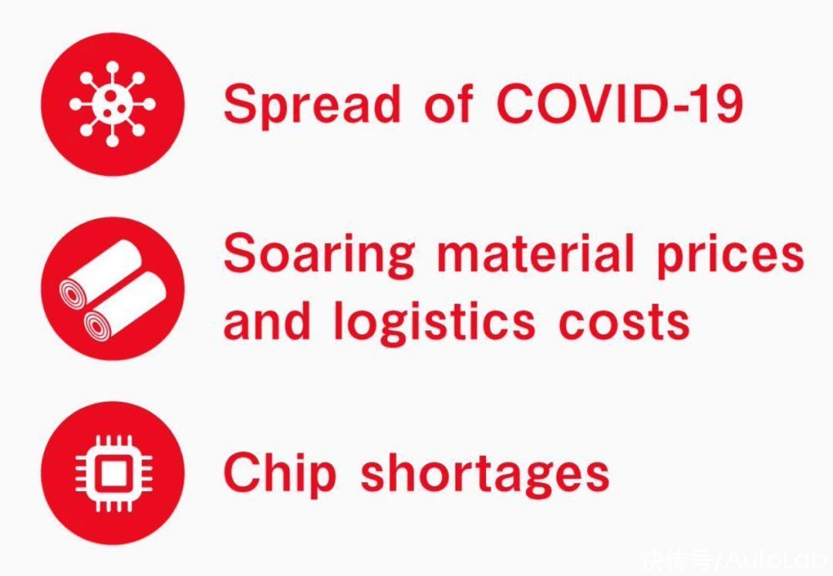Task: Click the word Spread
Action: pos(312,105)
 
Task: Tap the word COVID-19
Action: pos(619,103)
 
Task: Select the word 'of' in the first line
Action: pos(448,103)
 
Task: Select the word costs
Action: pos(624,323)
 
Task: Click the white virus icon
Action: pos(113,104)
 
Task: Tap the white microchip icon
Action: pos(113,473)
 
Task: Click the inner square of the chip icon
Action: pos(113,473)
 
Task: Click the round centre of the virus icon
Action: pos(113,104)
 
